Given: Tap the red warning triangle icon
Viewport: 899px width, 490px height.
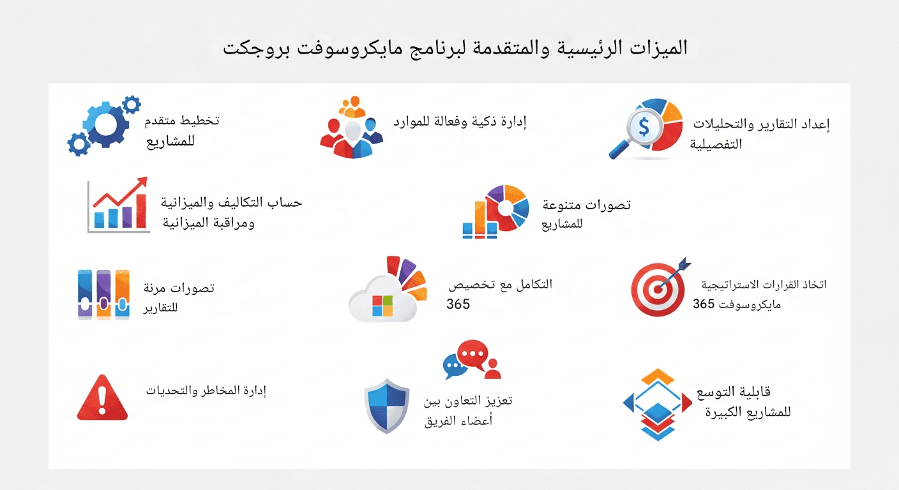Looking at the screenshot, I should (x=102, y=399).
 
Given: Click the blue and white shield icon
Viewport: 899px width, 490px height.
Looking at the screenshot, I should (x=386, y=405).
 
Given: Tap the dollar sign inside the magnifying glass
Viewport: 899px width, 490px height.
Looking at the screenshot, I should (x=644, y=128).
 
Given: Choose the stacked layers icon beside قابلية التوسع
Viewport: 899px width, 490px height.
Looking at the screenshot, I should (x=658, y=405).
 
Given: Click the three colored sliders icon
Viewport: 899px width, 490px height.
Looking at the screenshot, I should (x=103, y=293).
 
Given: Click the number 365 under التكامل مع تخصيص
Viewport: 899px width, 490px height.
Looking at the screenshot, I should (x=458, y=304).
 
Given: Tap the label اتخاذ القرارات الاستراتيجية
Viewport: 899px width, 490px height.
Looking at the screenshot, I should (x=764, y=285).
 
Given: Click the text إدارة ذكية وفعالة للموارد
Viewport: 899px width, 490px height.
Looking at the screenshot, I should (x=459, y=121).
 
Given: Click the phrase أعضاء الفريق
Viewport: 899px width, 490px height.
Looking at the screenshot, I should (x=458, y=422).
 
